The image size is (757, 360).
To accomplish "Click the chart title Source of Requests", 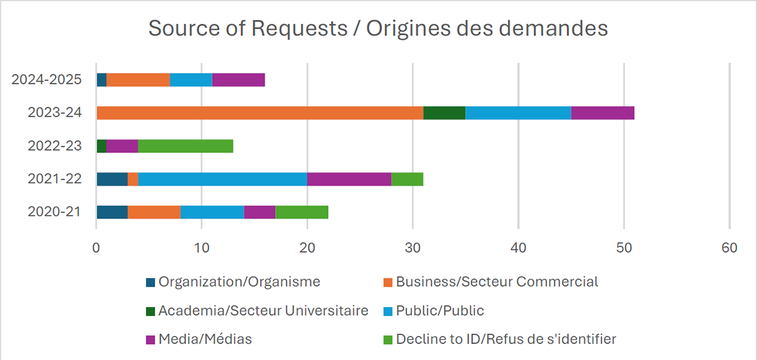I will [x=378, y=29].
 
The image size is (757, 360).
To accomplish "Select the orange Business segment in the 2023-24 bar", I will [x=259, y=113].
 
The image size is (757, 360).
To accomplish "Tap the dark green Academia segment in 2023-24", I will [x=444, y=113].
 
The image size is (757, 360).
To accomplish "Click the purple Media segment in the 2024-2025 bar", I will [x=238, y=80].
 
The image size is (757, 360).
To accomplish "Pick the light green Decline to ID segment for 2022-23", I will [x=185, y=146].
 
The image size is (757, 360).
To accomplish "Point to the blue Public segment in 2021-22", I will [x=223, y=178].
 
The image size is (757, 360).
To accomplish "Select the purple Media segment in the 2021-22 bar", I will [x=349, y=178].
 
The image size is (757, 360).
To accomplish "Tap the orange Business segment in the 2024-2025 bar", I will [x=138, y=80].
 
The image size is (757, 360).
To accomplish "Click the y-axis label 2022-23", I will [x=55, y=146].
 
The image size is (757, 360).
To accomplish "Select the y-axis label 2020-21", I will [x=55, y=211].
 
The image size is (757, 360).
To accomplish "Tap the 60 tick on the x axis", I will [x=729, y=248].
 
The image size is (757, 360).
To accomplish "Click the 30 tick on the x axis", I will [x=413, y=248].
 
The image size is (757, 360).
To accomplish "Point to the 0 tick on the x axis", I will [x=96, y=248].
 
